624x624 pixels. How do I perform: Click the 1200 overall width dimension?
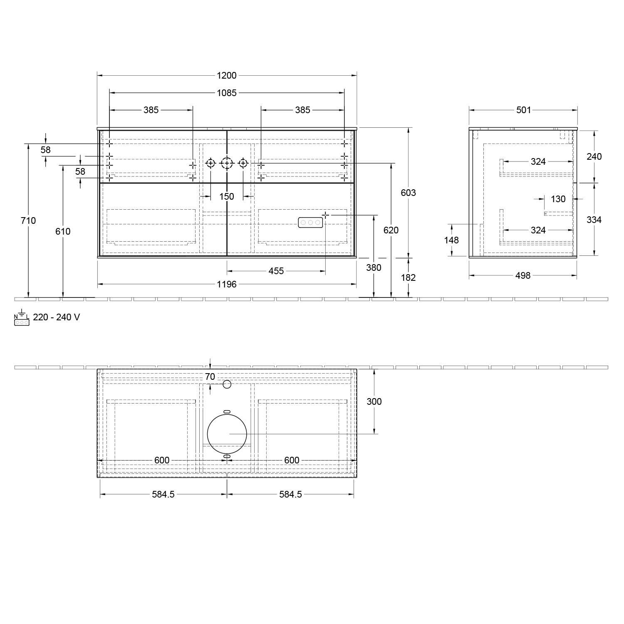(227, 75)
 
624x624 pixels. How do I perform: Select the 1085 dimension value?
(227, 93)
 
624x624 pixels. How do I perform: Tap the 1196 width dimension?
(227, 284)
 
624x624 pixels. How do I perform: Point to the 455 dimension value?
(276, 271)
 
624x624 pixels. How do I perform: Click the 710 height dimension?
(28, 220)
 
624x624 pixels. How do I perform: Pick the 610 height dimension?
(63, 231)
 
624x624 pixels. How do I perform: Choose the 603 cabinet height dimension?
(408, 193)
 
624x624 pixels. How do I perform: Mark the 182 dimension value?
(408, 277)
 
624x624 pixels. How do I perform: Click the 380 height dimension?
(374, 267)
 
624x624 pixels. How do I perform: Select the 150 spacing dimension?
(227, 196)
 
